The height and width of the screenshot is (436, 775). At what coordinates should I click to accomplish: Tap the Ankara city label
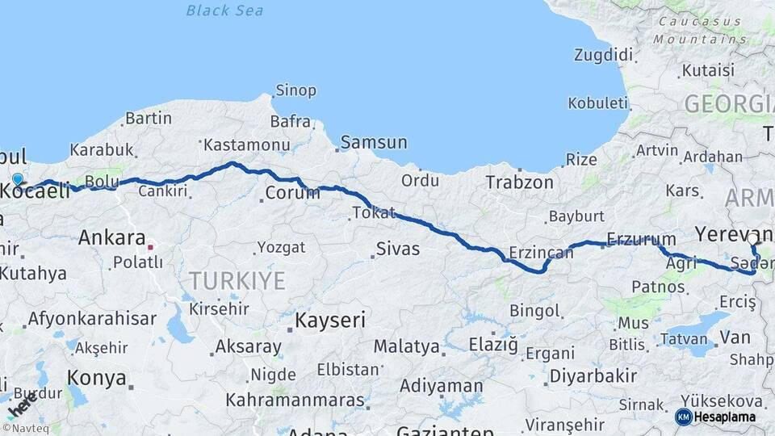point(111,238)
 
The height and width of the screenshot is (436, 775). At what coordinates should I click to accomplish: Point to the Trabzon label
point(519,182)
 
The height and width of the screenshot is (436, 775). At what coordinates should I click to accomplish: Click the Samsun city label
point(374,142)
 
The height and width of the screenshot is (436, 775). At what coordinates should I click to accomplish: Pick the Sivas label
point(398,249)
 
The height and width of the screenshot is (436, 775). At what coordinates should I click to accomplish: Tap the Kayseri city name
point(329,321)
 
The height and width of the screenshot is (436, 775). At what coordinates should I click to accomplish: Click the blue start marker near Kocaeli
point(18,179)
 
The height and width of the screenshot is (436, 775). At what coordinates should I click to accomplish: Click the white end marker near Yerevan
point(752,239)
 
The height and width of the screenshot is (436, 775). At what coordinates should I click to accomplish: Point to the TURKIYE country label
point(237,281)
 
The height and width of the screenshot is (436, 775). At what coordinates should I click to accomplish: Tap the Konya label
point(97,378)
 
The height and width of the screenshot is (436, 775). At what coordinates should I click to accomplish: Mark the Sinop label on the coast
point(295,90)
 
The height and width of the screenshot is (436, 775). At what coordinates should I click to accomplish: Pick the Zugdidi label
point(603,55)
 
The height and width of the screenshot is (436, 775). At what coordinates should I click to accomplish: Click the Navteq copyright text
point(25,429)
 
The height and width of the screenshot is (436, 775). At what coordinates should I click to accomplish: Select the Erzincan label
point(541,252)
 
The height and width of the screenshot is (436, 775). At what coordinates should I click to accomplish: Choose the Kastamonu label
point(246,145)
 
